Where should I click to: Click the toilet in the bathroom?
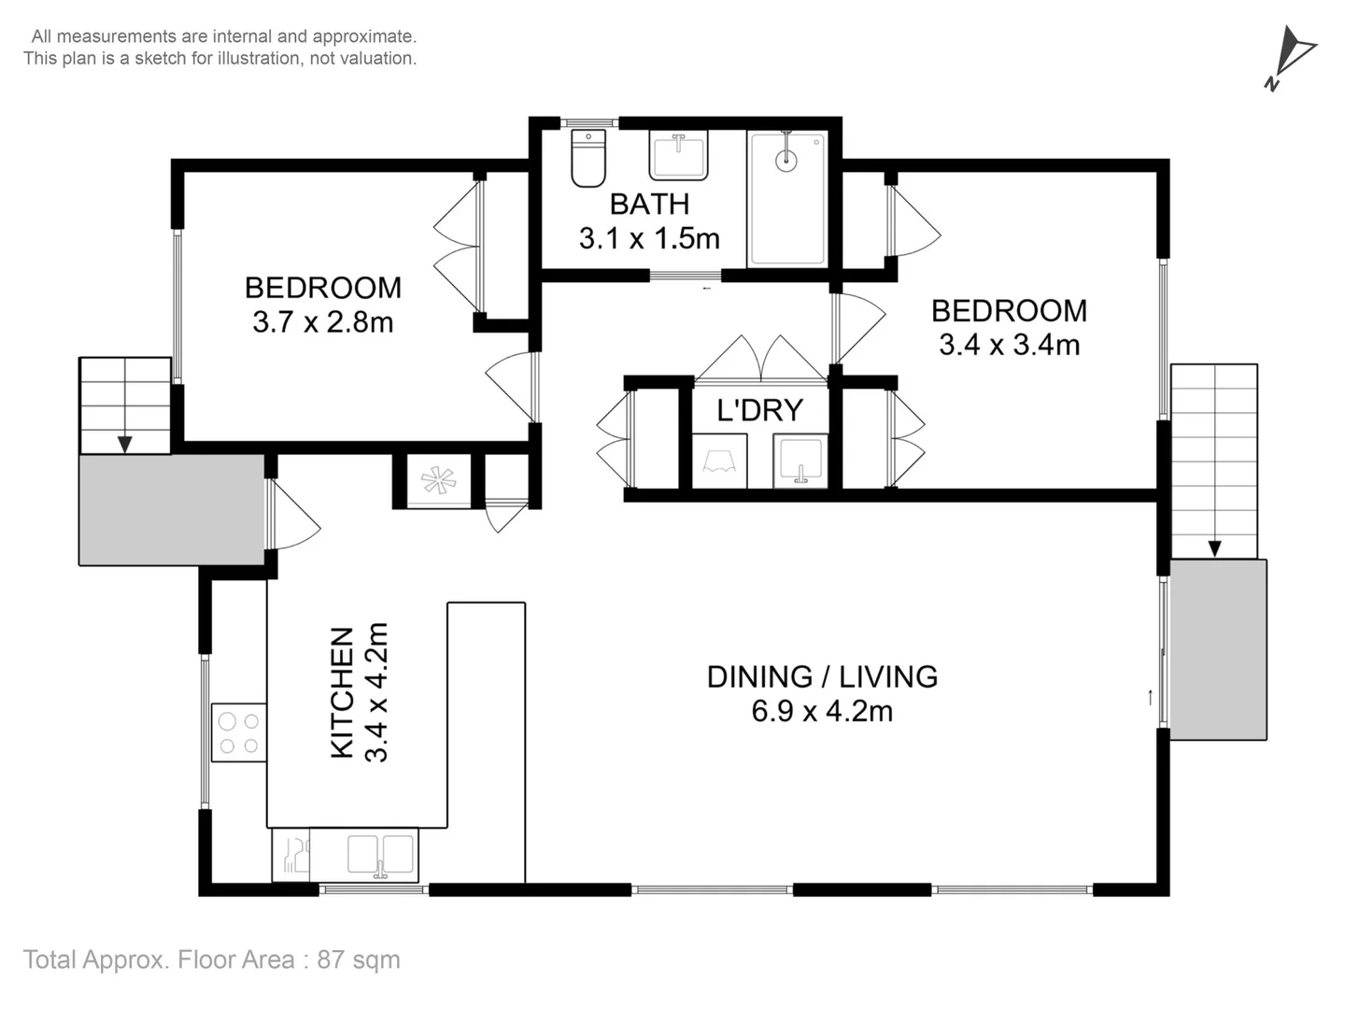(588, 158)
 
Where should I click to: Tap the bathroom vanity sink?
(678, 155)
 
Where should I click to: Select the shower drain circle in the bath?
(786, 161)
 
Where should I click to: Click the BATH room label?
(649, 204)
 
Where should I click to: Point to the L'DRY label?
(759, 410)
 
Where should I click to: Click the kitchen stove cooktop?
(239, 732)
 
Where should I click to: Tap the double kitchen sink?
(380, 855)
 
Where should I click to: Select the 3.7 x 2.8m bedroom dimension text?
(323, 322)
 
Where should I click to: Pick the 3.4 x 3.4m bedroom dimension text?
(1009, 345)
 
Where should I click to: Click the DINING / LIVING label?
(822, 677)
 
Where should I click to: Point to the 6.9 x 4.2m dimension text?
(822, 711)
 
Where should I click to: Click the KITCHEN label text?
(342, 692)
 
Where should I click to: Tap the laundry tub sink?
(800, 461)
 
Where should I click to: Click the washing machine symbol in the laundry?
(719, 461)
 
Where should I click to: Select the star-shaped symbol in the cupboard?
(439, 479)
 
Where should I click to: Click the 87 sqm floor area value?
(359, 959)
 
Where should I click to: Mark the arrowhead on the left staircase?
(125, 444)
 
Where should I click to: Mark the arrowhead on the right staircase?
(1214, 549)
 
